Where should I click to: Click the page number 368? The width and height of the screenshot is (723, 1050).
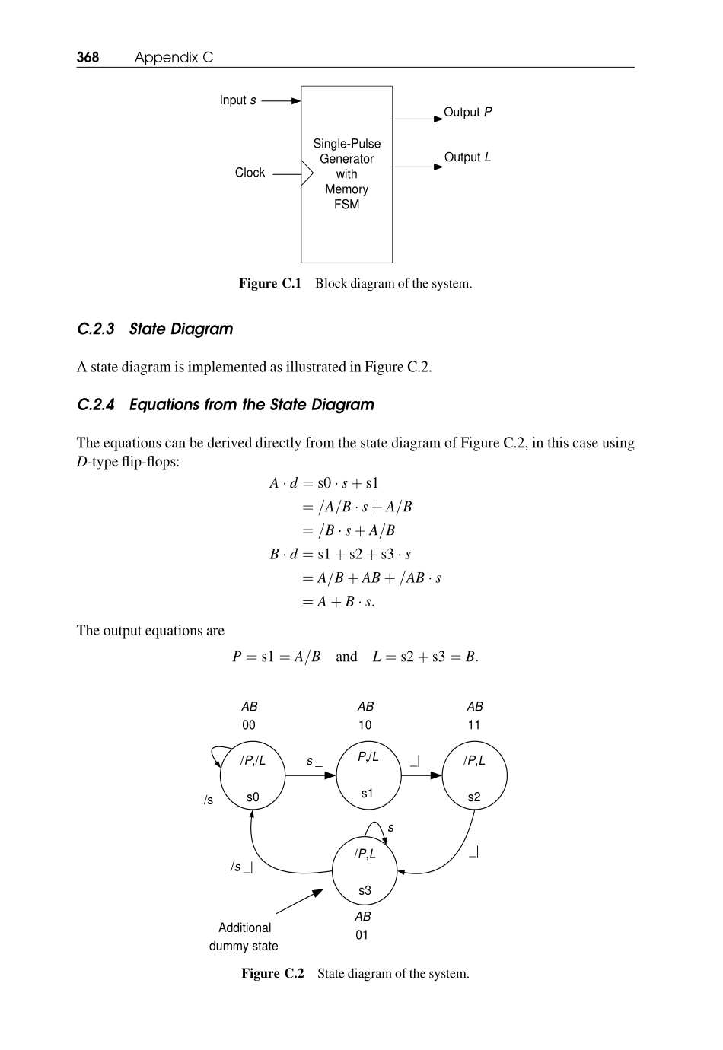[x=88, y=57]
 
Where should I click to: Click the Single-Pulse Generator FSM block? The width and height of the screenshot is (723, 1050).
[x=346, y=174]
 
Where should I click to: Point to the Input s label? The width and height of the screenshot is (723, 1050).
[x=237, y=100]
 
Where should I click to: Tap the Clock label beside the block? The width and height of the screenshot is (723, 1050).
[x=250, y=173]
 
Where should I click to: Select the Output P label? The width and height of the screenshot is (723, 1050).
[x=467, y=112]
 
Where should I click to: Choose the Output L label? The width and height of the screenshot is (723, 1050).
[x=467, y=157]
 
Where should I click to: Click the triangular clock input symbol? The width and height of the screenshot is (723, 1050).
[x=307, y=173]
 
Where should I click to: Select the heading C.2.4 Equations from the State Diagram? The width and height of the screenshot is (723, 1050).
[x=225, y=404]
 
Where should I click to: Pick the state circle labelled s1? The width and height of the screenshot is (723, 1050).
[x=368, y=776]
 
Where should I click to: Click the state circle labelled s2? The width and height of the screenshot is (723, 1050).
[x=474, y=776]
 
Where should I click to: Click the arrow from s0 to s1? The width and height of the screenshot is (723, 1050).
[x=311, y=775]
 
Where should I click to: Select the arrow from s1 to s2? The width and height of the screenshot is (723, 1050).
[x=421, y=775]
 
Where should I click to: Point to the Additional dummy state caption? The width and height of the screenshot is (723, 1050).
[x=244, y=937]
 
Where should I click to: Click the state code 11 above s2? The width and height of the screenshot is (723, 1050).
[x=474, y=725]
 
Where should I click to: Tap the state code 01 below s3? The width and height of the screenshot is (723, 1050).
[x=362, y=935]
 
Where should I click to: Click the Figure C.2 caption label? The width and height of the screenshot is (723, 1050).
[x=272, y=974]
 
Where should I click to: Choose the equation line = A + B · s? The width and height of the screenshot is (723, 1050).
[x=338, y=602]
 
